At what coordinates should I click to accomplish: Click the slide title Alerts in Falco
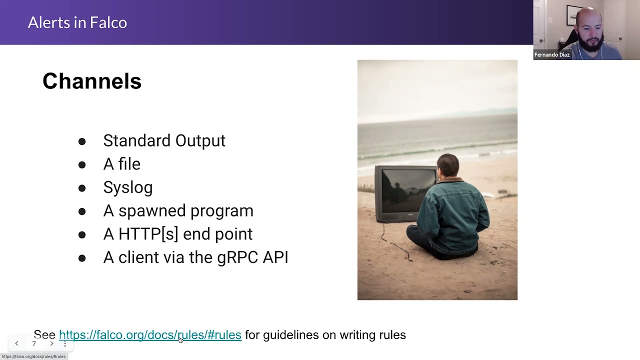tap(77, 22)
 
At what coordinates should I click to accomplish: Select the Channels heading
tap(92, 81)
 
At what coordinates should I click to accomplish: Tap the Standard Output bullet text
tap(164, 140)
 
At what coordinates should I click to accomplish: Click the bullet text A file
tap(121, 164)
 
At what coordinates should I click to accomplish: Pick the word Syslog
tap(127, 187)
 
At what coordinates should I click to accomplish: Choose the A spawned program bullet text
tap(178, 210)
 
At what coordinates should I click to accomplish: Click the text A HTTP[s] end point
tap(177, 234)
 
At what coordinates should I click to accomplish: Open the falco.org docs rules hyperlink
tap(150, 335)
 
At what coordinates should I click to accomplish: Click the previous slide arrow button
tap(16, 343)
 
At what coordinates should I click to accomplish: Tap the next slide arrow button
tap(51, 343)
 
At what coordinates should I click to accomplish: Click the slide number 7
tap(34, 343)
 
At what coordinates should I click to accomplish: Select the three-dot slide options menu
tap(65, 343)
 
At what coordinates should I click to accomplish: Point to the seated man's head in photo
tap(447, 166)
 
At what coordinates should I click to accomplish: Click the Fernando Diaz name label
tap(552, 55)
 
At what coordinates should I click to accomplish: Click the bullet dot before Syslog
tap(82, 188)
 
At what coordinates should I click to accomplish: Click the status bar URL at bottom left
tap(33, 356)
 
